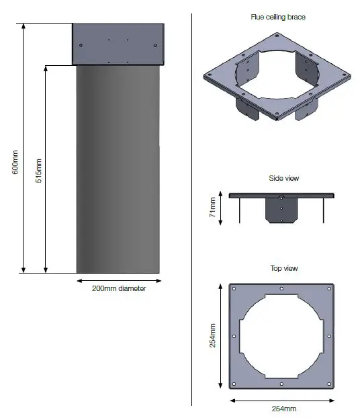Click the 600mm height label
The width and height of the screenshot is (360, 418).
point(15,162)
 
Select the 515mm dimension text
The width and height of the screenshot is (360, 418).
point(38,171)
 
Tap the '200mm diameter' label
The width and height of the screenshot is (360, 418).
point(118,289)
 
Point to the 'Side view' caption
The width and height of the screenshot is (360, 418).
point(283,179)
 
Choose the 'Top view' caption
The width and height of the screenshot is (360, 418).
point(283,269)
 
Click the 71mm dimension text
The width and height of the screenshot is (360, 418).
point(212,208)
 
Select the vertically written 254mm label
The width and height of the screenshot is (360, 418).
point(213,337)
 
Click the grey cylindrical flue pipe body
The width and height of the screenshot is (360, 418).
point(118,168)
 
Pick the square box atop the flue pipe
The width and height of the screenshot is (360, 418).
point(118,44)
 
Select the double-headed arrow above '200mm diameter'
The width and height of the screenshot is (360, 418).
point(118,280)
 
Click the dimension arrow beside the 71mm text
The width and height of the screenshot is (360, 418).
point(221,208)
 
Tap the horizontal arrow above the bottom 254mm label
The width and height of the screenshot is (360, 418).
point(282,399)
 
